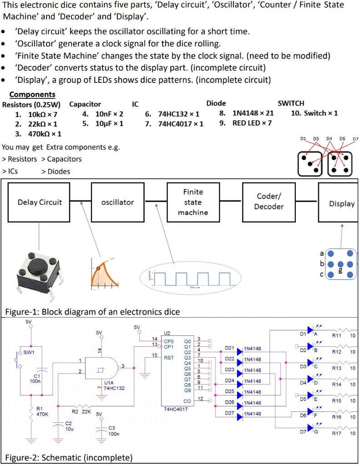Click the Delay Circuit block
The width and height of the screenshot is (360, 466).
[40, 202]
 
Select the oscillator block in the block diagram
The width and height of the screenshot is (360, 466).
[117, 202]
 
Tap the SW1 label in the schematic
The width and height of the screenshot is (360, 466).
[29, 352]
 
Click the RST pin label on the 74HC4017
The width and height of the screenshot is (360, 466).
[169, 357]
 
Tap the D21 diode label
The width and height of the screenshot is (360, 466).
[229, 348]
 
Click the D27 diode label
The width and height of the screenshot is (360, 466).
[229, 413]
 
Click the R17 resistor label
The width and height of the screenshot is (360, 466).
[336, 433]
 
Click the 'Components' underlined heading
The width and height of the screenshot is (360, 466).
[32, 95]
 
